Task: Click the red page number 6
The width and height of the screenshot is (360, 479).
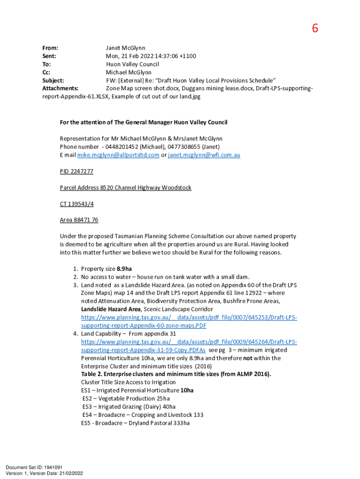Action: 315,29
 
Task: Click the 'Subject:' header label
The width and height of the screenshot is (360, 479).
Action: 53,80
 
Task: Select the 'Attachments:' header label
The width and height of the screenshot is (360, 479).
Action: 60,88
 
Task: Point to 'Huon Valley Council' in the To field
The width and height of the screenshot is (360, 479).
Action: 132,64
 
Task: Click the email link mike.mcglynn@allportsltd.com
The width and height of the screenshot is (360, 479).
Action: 118,155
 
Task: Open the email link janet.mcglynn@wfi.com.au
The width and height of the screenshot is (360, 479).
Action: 204,155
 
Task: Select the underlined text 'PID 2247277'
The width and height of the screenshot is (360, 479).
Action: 77,171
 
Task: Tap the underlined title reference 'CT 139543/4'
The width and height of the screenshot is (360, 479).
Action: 76,203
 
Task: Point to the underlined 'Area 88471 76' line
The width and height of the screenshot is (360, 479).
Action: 79,220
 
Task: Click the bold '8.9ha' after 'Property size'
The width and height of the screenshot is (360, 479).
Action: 124,269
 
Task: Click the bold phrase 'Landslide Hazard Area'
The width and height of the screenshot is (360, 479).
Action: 111,309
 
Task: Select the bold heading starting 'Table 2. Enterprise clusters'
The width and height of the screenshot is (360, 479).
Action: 176,374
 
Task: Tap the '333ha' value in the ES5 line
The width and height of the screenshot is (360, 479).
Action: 180,423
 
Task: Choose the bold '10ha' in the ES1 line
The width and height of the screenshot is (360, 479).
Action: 187,391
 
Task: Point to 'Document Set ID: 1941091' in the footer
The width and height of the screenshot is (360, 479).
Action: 34,467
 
